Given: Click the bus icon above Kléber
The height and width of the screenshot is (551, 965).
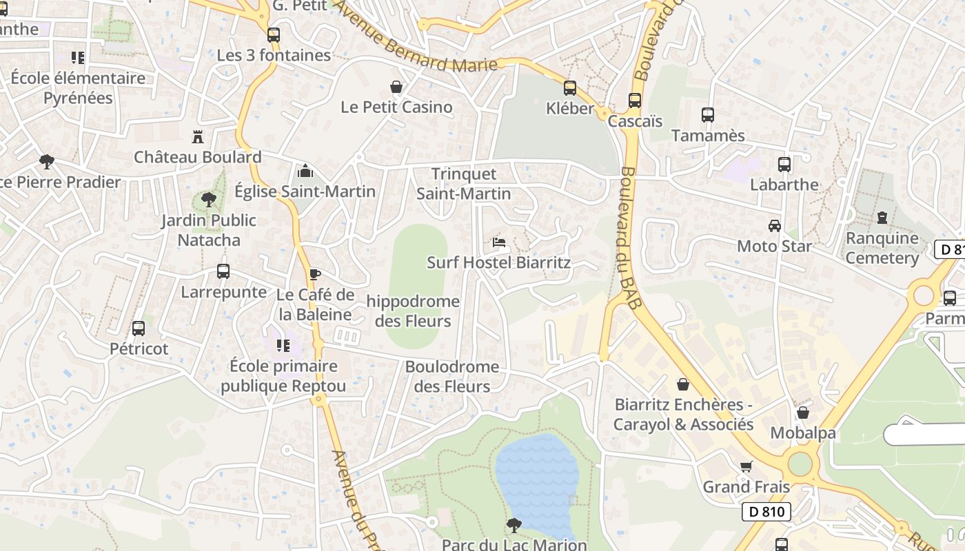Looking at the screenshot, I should pos(569,88).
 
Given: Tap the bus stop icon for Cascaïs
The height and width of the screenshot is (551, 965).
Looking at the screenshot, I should pos(635,101).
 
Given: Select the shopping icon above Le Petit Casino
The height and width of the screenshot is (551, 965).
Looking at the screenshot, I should pos(396,87).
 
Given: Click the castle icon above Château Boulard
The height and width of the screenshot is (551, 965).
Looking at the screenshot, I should pos(198,136).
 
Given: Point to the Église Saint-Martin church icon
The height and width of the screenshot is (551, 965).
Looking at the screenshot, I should pos(305,171).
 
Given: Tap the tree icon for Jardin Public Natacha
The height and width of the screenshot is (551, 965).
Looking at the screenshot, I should pos(208,200).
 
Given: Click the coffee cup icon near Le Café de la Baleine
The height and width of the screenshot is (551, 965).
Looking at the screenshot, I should pos(314,274).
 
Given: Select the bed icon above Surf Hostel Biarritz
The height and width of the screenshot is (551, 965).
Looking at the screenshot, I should pos(499,242).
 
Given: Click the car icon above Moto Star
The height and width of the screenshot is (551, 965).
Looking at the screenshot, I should pos(775,225).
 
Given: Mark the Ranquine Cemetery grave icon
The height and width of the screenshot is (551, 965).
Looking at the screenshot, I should pos(882,218).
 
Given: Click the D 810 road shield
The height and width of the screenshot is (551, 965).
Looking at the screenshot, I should pos(766,512).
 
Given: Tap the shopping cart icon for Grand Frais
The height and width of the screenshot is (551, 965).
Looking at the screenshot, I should pos(746,466).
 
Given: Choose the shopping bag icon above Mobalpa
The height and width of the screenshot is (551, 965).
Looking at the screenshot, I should pos(803,413).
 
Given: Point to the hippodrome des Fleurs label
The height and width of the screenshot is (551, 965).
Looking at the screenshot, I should pos(413,311).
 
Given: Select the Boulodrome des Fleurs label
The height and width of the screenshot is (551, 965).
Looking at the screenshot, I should pos(452,377).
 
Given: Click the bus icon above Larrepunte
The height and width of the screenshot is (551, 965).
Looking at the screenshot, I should pos(223,271).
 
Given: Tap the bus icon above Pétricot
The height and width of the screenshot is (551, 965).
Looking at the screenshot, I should pos(139,329).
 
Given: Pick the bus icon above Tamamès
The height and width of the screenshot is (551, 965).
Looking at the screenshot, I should pos(708,115).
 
